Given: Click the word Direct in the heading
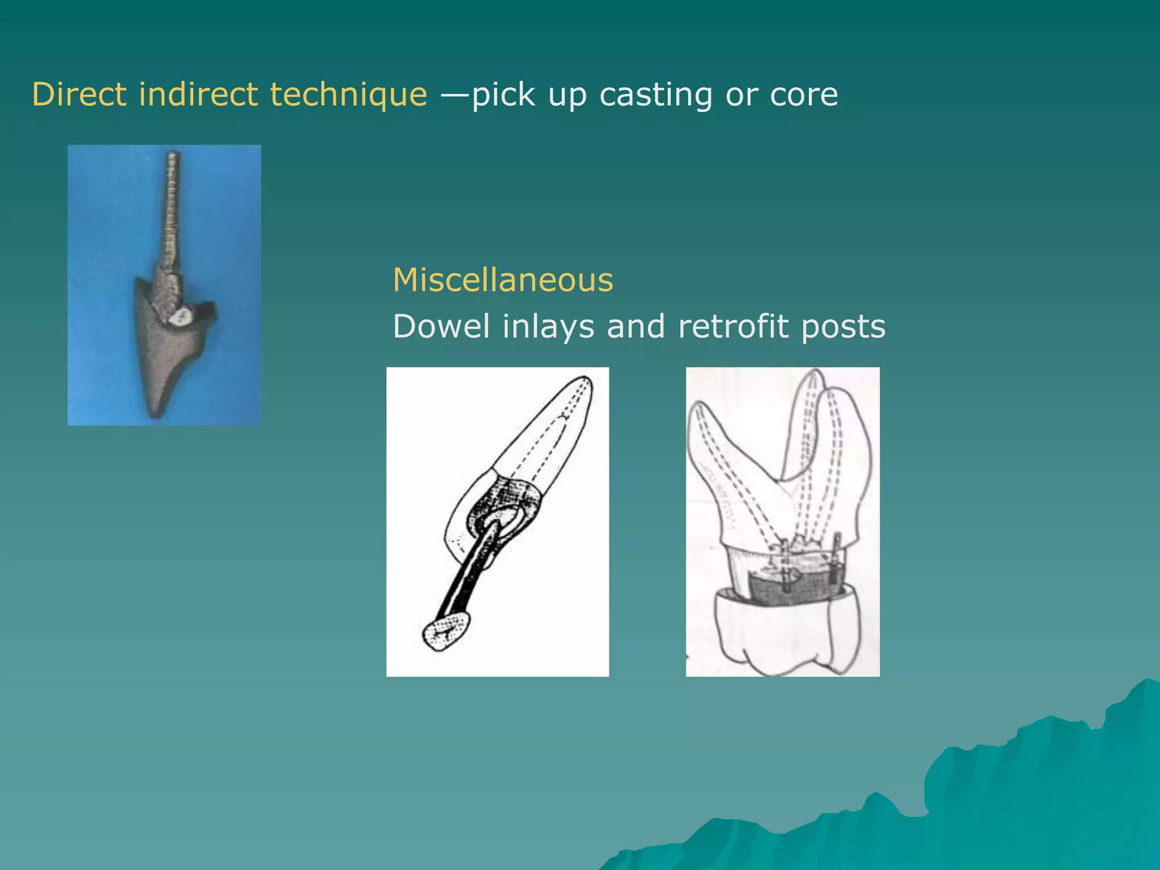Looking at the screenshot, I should coord(79,94).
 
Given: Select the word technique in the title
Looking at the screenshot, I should coord(348,94).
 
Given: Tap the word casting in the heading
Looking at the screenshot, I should coord(655,94).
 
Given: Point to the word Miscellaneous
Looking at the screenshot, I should coord(502,280).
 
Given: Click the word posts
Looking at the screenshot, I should coord(843,326).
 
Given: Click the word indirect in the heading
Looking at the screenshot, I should coord(198,94).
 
